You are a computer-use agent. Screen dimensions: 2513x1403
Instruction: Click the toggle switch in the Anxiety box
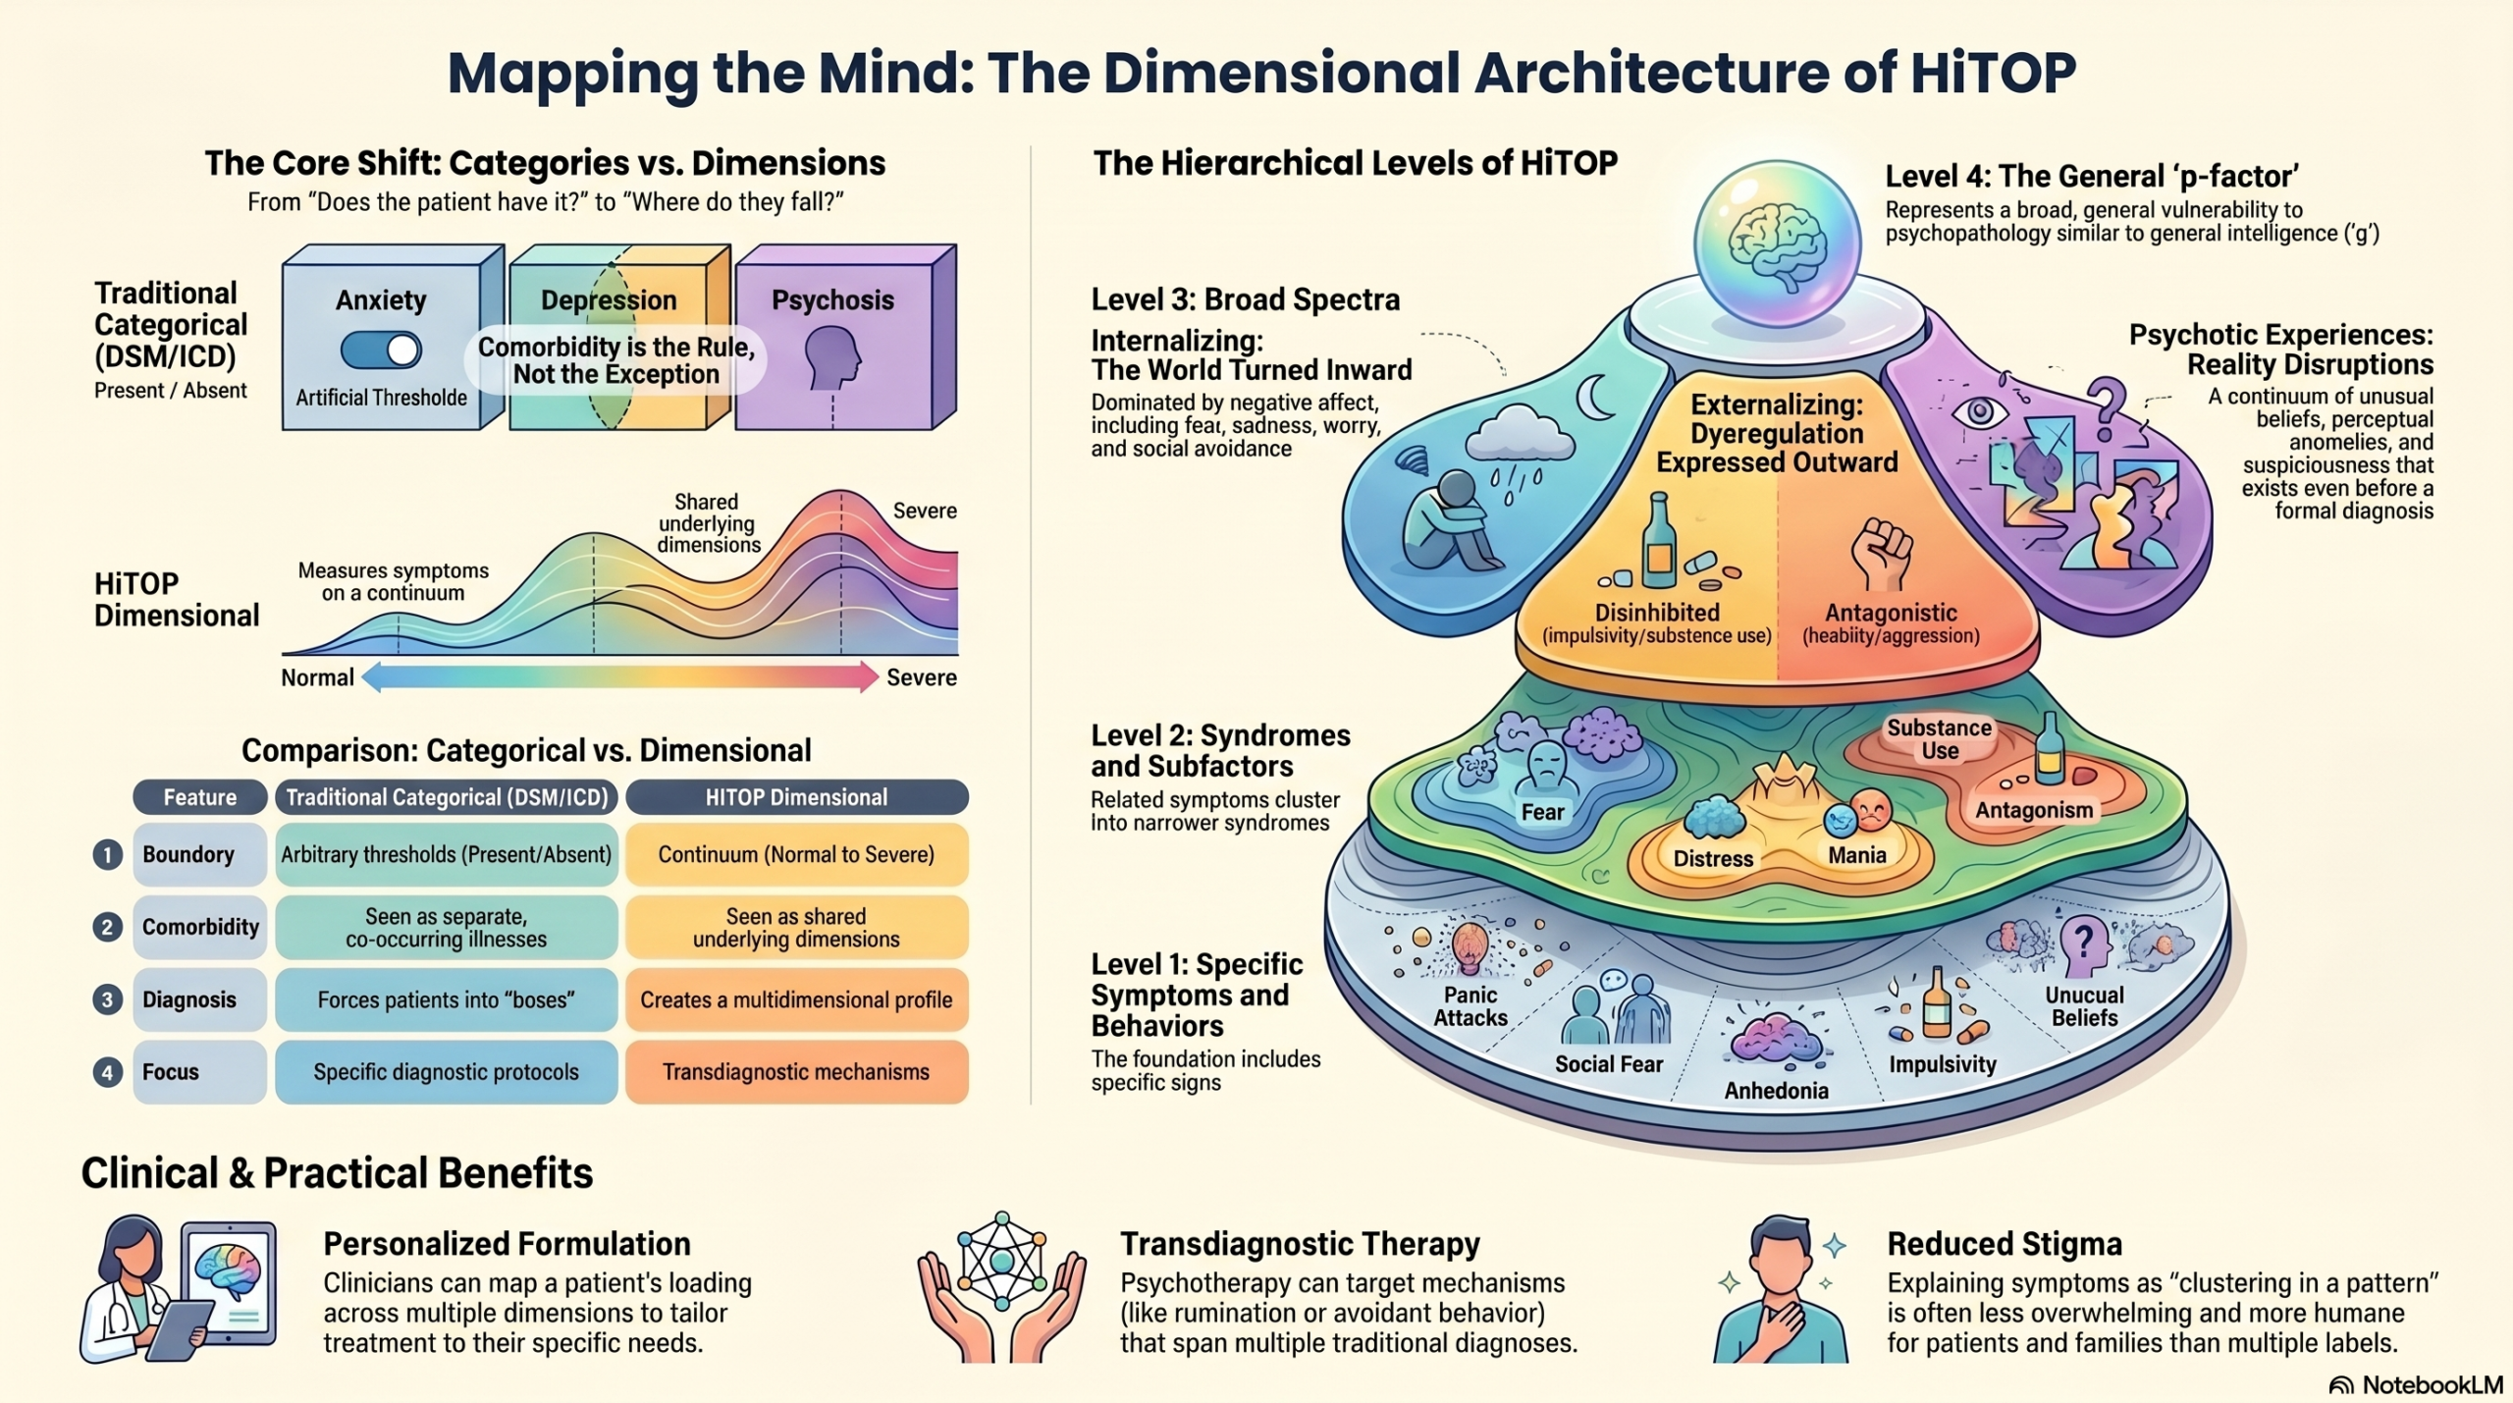tap(382, 351)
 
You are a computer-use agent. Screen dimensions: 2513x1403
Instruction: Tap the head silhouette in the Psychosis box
tap(832, 357)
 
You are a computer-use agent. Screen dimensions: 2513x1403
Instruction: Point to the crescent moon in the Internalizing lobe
tap(1595, 398)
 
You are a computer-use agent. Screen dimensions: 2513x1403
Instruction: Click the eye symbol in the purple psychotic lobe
tap(1979, 411)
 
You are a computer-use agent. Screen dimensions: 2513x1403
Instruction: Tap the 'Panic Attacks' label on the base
tap(1470, 1006)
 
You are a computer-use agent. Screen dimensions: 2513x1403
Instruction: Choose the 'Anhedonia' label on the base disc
tap(1776, 1090)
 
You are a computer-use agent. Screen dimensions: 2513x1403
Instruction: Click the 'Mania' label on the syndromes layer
tap(1856, 855)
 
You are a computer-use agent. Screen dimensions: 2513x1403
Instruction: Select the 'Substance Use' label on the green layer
tap(1940, 739)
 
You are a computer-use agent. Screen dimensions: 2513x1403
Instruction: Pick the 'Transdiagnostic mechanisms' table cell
tap(796, 1072)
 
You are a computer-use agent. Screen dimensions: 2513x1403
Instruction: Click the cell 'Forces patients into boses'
tap(447, 999)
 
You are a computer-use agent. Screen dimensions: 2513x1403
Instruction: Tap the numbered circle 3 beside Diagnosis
tap(107, 999)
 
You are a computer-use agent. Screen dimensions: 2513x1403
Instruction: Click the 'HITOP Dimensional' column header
tap(796, 797)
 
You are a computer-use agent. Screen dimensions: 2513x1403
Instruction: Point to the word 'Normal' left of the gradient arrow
tap(317, 677)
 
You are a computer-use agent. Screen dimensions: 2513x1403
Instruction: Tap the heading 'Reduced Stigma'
tap(2005, 1244)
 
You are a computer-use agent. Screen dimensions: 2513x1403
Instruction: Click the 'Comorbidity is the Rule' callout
tap(615, 360)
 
